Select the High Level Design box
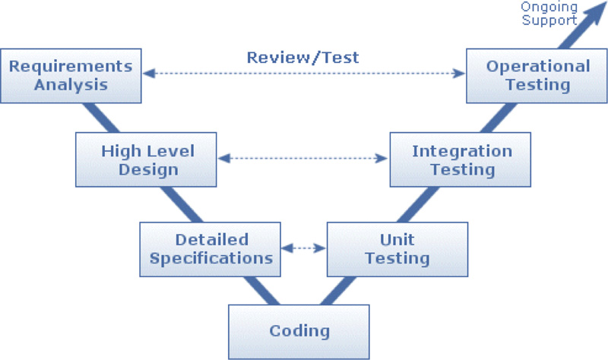click(146, 159)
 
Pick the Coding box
click(299, 331)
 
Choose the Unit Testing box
click(397, 248)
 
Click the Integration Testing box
click(461, 159)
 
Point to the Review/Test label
click(302, 56)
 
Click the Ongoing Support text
click(549, 13)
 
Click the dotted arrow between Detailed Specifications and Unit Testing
click(304, 248)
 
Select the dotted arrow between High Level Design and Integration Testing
click(302, 159)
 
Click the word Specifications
click(211, 257)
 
